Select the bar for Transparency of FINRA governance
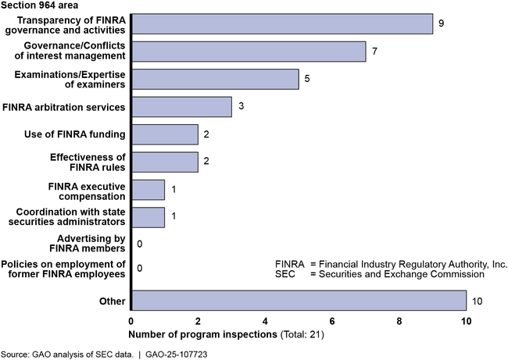point(281,23)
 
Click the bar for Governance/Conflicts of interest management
point(248,52)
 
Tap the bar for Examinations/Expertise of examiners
point(215,79)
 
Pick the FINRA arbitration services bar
point(181,106)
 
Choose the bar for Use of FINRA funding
point(164,134)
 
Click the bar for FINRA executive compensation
point(148,190)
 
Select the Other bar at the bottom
point(299,301)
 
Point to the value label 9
point(442,23)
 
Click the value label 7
point(375,52)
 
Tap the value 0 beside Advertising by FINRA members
point(140,245)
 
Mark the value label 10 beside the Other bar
point(477,301)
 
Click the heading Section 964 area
point(39,6)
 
